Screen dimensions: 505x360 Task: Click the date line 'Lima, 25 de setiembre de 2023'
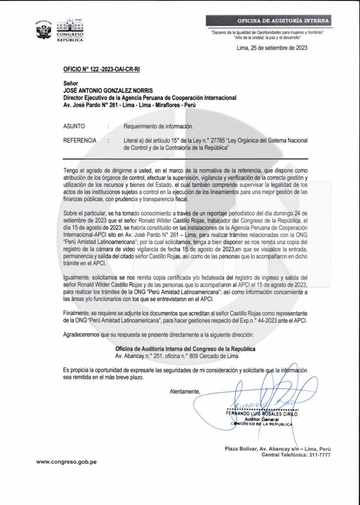pos(272,48)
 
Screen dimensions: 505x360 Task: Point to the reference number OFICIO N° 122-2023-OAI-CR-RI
pos(102,70)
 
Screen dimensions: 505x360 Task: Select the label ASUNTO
pos(74,126)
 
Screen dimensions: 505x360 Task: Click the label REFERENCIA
pos(80,141)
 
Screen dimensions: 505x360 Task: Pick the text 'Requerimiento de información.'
pos(155,126)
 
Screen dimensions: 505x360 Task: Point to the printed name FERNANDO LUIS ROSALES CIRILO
pos(262,413)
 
